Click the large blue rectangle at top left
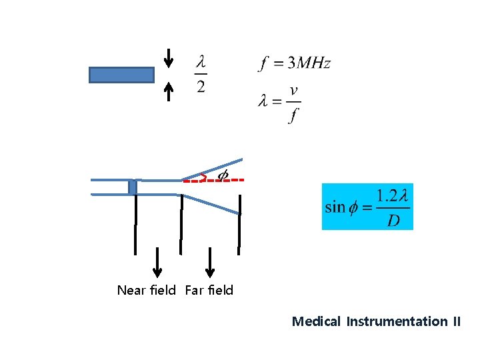[x=121, y=75]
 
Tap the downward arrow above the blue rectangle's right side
[x=169, y=58]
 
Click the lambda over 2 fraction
[x=201, y=74]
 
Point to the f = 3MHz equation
[x=294, y=64]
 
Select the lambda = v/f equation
[x=279, y=103]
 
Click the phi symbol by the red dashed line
[x=223, y=175]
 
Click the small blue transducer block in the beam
[x=133, y=187]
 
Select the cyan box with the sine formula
[x=367, y=207]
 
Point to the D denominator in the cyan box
[x=393, y=220]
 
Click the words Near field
[x=146, y=290]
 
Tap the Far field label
[x=209, y=290]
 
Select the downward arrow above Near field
[x=157, y=261]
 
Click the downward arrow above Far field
[x=210, y=261]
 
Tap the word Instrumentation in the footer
[x=397, y=321]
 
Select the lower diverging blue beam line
[x=211, y=203]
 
